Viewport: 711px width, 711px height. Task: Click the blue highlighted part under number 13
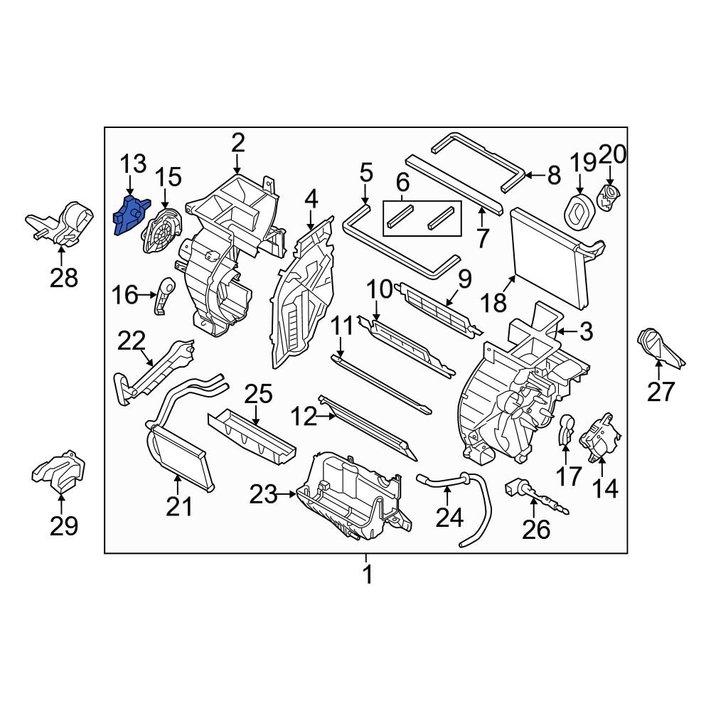pyautogui.click(x=129, y=215)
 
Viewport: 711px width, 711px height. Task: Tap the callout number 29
pyautogui.click(x=63, y=525)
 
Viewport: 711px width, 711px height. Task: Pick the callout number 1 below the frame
pyautogui.click(x=367, y=574)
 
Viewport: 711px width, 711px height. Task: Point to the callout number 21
pyautogui.click(x=179, y=507)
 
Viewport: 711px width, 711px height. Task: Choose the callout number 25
pyautogui.click(x=259, y=394)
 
